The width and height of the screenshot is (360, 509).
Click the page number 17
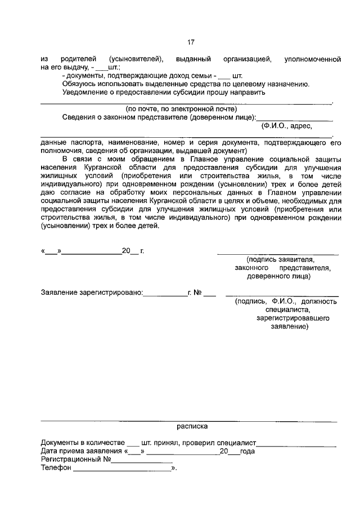191,42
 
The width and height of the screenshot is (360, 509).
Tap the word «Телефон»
56,467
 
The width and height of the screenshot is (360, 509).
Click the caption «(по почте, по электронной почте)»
181,109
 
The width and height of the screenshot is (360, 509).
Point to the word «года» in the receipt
247,451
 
